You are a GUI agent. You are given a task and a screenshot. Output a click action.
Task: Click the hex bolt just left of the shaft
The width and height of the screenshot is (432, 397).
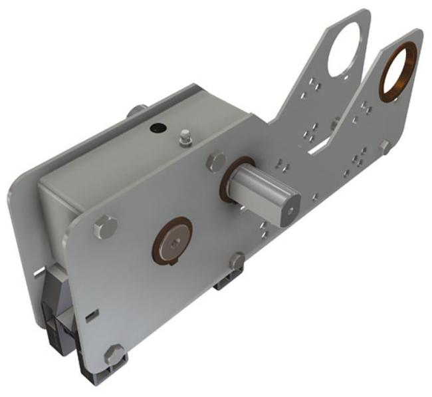(x=216, y=162)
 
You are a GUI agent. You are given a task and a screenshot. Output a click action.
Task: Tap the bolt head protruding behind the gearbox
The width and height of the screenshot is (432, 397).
(x=135, y=110)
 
